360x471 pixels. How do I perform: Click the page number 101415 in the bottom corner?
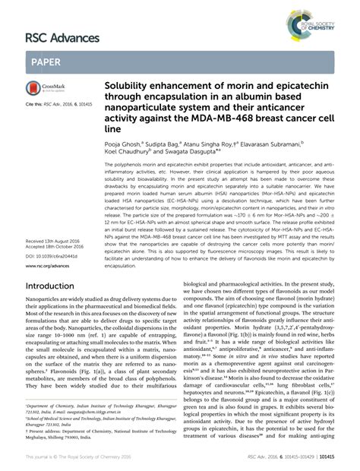346,460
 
